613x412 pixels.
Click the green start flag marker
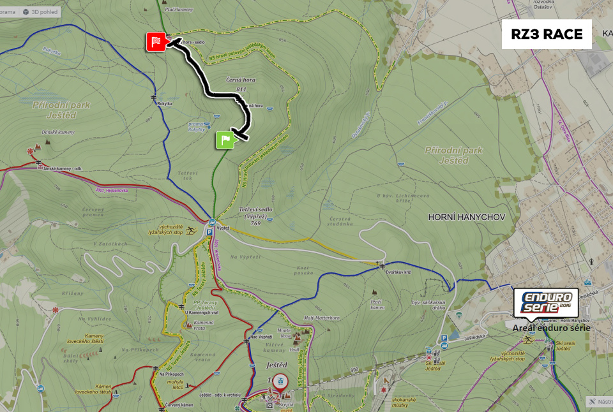pos(225,139)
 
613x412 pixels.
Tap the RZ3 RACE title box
pos(547,34)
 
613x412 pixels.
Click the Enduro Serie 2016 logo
pos(547,302)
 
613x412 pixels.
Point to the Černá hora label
pos(241,80)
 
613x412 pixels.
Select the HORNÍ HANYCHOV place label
pos(467,217)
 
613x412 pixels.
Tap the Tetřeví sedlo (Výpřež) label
pos(255,213)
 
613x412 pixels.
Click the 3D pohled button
pos(40,11)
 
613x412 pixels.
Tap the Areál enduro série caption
pos(552,328)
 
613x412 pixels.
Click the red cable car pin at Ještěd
pos(280,381)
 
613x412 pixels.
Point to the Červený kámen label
pos(179,405)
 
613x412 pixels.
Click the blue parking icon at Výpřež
pos(209,233)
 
